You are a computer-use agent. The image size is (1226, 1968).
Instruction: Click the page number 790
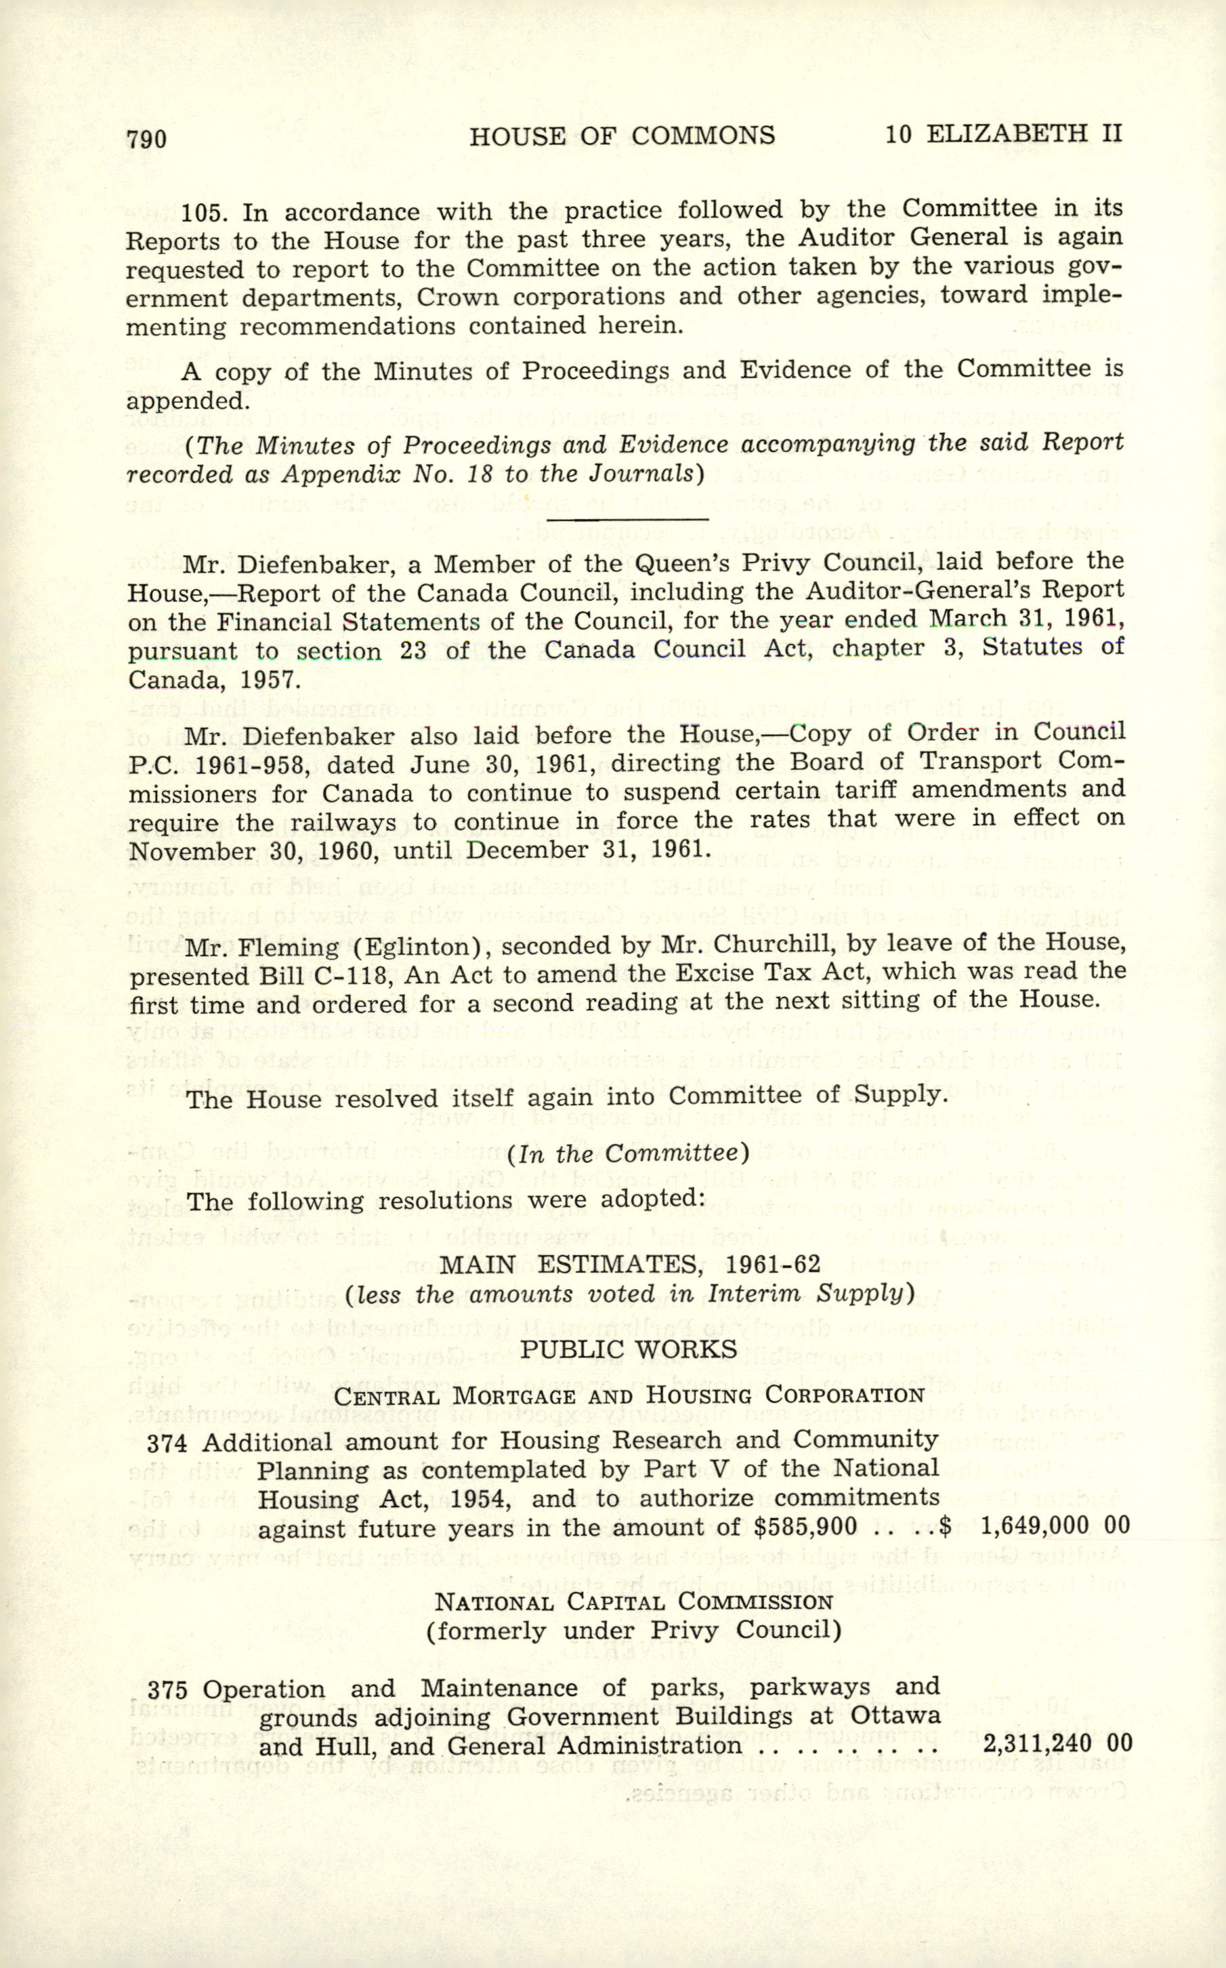click(x=147, y=140)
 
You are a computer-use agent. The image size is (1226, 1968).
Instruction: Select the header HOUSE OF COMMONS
click(x=622, y=136)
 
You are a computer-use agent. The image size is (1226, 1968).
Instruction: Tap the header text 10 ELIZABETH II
click(x=1003, y=133)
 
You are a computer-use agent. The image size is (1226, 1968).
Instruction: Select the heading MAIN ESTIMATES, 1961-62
click(x=629, y=1263)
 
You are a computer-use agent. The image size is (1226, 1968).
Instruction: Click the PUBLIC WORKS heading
click(x=629, y=1348)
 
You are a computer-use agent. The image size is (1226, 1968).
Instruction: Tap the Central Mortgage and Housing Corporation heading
click(x=629, y=1395)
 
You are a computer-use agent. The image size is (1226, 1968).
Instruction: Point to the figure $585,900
click(x=805, y=1527)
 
